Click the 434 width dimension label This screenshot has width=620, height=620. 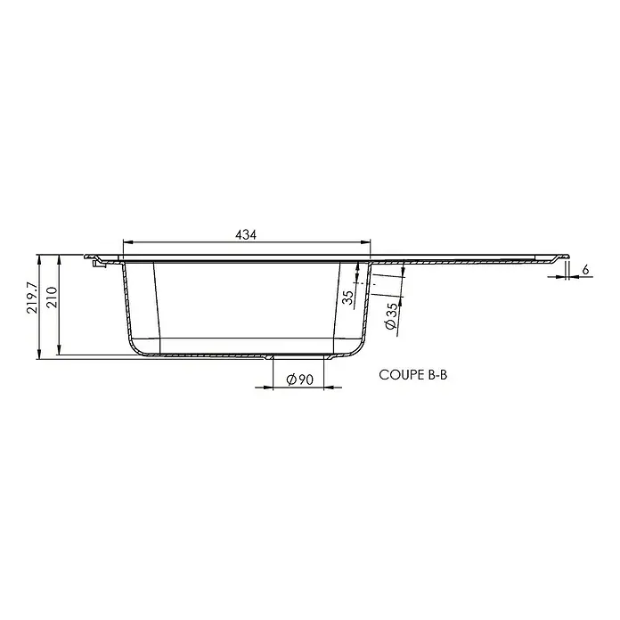(246, 235)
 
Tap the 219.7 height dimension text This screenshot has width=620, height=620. (32, 298)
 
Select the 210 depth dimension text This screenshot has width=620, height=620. (52, 298)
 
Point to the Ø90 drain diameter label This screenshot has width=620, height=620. (299, 379)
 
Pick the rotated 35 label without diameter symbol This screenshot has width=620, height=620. (348, 298)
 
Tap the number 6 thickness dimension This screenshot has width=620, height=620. (585, 270)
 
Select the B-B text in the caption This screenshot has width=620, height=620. (437, 375)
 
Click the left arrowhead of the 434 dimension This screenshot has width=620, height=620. (128, 243)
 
